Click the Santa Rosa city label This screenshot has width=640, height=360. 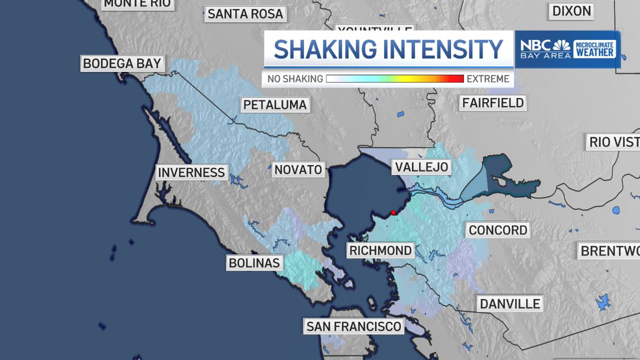point(245,14)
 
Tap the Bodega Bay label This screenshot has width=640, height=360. point(122,63)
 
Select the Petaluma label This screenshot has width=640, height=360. point(275,105)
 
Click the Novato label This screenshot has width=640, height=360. point(299,170)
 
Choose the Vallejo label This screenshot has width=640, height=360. point(421,167)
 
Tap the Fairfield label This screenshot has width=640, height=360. point(493,102)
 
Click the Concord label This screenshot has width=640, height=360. point(498,230)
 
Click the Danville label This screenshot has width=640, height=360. point(510,304)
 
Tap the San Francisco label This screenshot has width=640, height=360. point(353,326)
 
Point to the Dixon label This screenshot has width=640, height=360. point(572,11)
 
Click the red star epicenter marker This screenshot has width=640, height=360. point(393,212)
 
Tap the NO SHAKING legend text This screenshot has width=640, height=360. point(295,79)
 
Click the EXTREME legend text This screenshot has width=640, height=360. point(488,79)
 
